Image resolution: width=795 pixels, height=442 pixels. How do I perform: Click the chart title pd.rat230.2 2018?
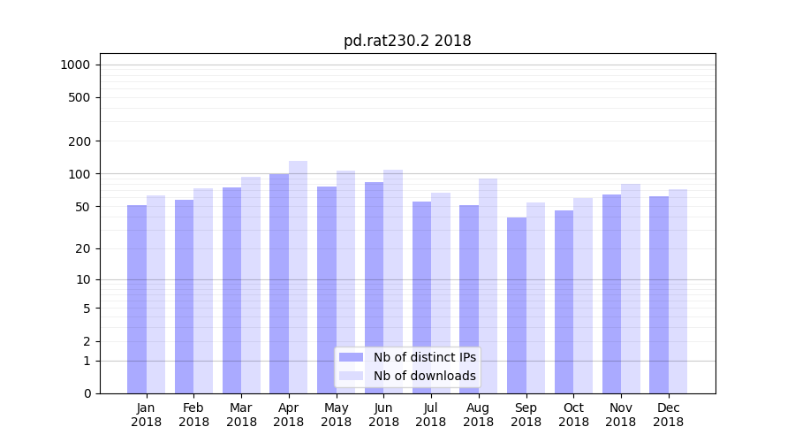[x=407, y=42]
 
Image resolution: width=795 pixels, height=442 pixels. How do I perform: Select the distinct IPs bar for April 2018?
[x=279, y=283]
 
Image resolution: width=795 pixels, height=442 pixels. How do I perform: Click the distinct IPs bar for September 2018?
[x=517, y=305]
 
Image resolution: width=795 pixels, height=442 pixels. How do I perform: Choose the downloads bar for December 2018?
[x=678, y=291]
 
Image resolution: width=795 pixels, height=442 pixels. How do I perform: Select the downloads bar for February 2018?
[x=203, y=291]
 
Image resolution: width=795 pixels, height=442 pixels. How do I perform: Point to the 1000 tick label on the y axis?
[x=75, y=65]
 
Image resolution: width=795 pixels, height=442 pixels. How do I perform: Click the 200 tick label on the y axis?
[x=79, y=141]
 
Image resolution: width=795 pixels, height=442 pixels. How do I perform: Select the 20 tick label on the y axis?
[x=83, y=248]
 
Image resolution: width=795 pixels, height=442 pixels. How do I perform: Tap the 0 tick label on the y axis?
[x=87, y=393]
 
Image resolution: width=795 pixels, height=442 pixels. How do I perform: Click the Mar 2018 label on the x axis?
[x=241, y=415]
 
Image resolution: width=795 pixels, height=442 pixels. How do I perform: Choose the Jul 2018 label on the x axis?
[x=431, y=415]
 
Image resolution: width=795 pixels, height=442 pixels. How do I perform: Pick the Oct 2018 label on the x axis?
[x=573, y=415]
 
